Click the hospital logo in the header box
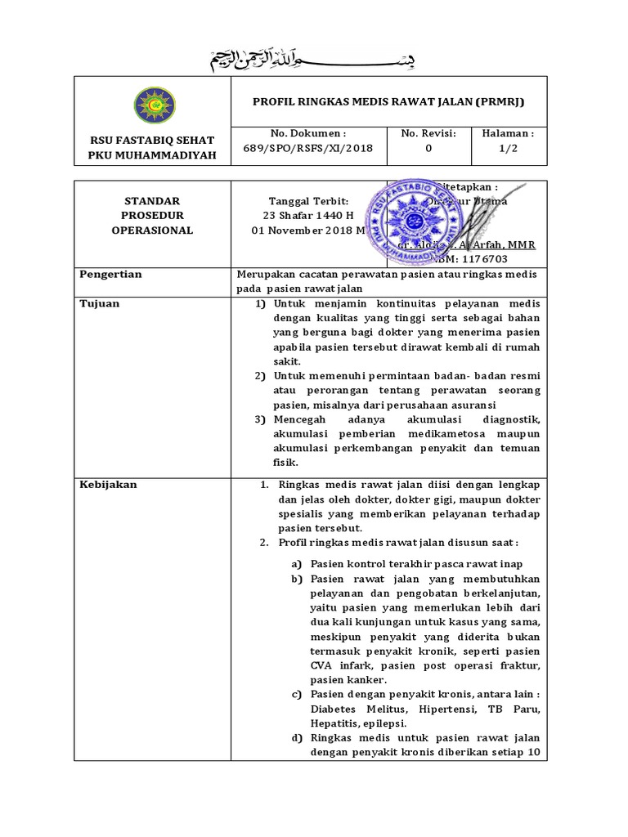point(153,104)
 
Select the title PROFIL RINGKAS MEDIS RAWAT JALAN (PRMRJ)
point(389,101)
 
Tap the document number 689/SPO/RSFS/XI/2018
point(308,149)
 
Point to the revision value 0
point(428,149)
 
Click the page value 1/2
point(509,149)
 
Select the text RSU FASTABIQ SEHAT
point(153,141)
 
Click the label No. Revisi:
point(428,133)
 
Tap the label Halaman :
point(509,133)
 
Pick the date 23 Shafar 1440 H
point(308,216)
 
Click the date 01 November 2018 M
point(308,231)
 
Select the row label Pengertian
point(110,275)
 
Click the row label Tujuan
point(100,304)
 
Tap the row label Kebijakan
point(108,485)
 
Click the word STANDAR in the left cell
point(152,201)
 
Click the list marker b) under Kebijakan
point(298,579)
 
